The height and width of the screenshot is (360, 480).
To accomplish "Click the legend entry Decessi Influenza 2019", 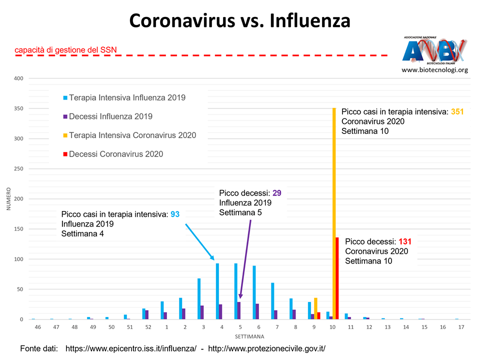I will [110, 116].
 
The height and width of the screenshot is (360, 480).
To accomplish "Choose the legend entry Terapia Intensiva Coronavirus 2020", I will [132, 135].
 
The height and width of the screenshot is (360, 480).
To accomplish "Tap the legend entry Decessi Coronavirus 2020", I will [116, 154].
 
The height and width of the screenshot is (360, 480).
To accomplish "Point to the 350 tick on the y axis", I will [19, 108].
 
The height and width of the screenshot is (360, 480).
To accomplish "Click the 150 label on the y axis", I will [19, 229].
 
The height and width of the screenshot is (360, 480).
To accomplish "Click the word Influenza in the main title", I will [310, 21].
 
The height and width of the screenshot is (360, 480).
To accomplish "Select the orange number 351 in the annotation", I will [457, 112].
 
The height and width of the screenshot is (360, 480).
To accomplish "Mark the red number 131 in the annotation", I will [404, 241].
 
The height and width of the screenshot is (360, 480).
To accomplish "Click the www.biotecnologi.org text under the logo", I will [434, 70].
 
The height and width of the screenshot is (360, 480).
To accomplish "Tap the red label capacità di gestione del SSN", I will [65, 49].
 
